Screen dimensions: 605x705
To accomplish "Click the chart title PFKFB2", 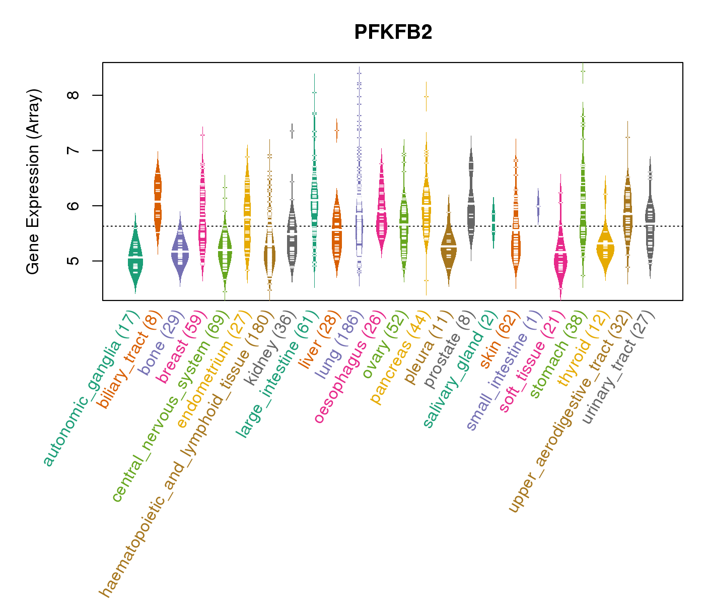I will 393,32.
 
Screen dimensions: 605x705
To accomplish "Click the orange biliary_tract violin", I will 158,202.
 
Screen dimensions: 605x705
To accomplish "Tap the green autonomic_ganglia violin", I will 135,257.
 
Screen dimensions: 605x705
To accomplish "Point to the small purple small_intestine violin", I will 538,206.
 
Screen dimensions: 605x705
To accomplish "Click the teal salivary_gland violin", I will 493,222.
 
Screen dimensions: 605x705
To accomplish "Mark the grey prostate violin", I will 471,202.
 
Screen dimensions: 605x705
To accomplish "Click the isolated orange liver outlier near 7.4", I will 336,130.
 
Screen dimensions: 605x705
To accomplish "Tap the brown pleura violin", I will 448,247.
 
